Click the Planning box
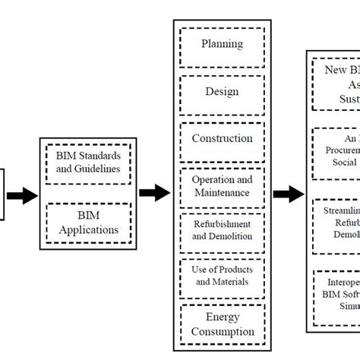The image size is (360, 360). coord(222,45)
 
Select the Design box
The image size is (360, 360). coord(222,92)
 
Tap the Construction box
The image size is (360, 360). coord(222,138)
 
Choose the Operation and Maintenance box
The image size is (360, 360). coord(222,186)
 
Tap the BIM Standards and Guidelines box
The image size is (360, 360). coord(88,162)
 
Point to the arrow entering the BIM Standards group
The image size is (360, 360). coord(23,195)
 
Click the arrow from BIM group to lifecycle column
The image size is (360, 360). coord(155,194)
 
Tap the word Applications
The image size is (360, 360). coord(88,230)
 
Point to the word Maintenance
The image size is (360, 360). coord(221,193)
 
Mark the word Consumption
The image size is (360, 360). coord(222,332)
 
